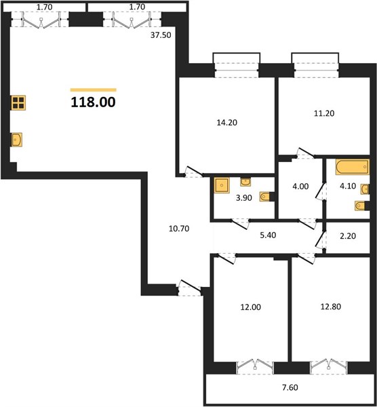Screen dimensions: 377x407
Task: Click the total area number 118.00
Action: point(93,102)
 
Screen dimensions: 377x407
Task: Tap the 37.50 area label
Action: point(161,35)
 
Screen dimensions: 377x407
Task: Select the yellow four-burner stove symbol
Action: point(18,102)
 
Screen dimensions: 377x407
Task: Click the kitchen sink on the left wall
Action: point(16,140)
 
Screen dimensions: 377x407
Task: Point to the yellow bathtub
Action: point(352,167)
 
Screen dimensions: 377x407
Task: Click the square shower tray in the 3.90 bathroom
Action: point(222,185)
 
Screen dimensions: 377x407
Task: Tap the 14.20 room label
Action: point(226,123)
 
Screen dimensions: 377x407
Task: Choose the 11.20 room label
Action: point(324,113)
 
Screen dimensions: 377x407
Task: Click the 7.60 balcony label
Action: point(290,387)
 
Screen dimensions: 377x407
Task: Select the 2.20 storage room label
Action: point(348,236)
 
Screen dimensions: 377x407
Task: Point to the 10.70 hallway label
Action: point(179,229)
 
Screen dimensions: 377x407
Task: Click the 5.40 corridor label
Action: point(268,235)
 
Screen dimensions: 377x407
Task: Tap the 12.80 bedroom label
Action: point(331,307)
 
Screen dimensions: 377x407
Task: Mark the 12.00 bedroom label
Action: point(251,307)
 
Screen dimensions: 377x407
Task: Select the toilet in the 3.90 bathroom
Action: point(265,197)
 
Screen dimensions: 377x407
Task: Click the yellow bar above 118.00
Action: point(94,90)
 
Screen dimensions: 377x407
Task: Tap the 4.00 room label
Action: point(300,187)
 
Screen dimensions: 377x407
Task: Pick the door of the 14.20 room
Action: point(194,171)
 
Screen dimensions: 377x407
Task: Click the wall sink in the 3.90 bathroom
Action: point(245,182)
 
